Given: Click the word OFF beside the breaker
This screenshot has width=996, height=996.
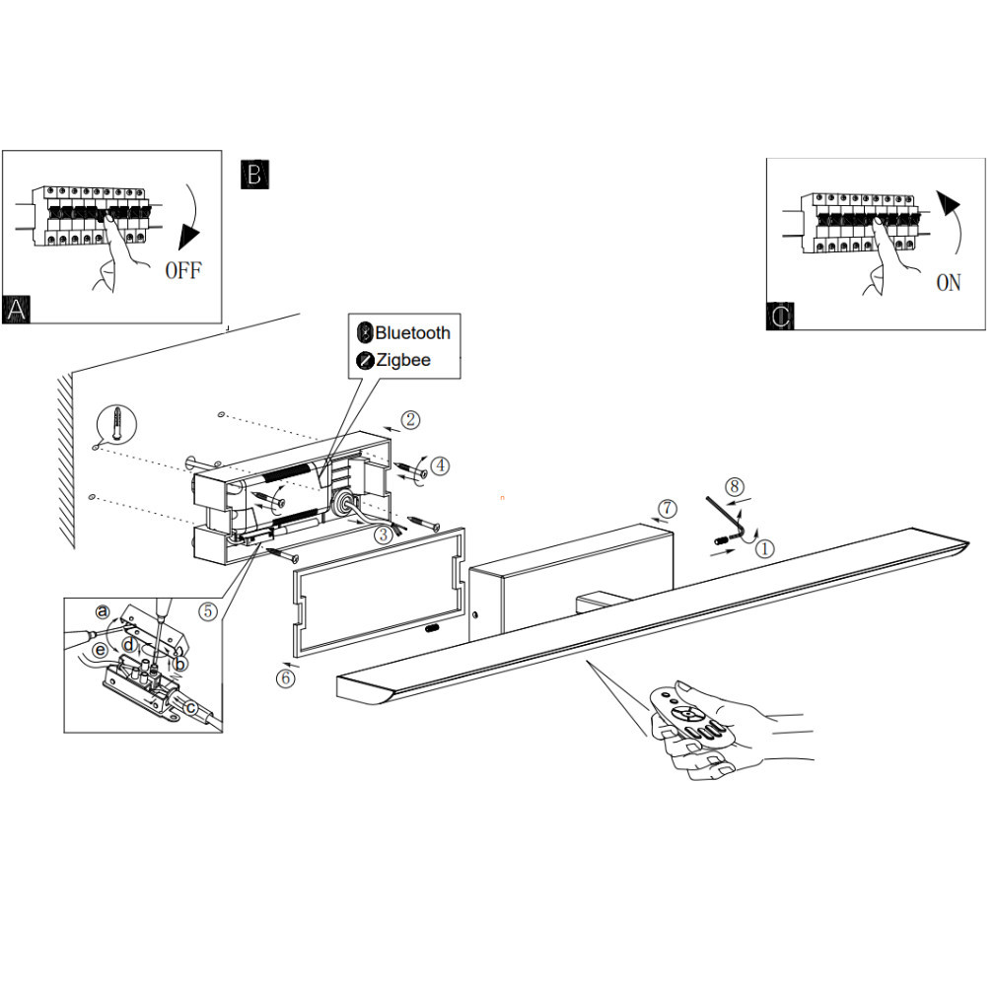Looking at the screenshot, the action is pyautogui.click(x=183, y=270).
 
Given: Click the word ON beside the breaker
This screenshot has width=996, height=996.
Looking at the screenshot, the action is pyautogui.click(x=949, y=283).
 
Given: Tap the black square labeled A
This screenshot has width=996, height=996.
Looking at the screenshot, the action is pyautogui.click(x=16, y=310).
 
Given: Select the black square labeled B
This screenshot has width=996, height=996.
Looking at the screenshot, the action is pyautogui.click(x=254, y=174).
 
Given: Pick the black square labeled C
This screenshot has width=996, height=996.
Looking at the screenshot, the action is pyautogui.click(x=780, y=316).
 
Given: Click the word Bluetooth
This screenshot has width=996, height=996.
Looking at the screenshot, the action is pyautogui.click(x=412, y=333).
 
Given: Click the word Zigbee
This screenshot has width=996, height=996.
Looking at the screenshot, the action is pyautogui.click(x=402, y=360).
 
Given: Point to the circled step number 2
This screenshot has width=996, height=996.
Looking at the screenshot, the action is pyautogui.click(x=410, y=420).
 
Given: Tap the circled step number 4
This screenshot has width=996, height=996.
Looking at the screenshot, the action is pyautogui.click(x=440, y=465).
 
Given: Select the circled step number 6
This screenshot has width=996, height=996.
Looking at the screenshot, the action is pyautogui.click(x=285, y=678).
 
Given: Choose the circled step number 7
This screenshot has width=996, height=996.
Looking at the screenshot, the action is pyautogui.click(x=667, y=509).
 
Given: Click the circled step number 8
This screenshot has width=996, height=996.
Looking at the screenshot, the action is pyautogui.click(x=735, y=486).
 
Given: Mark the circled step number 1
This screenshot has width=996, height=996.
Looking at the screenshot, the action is pyautogui.click(x=765, y=548).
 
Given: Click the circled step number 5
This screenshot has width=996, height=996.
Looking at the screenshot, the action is pyautogui.click(x=208, y=611).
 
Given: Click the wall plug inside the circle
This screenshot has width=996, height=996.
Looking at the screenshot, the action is pyautogui.click(x=117, y=422).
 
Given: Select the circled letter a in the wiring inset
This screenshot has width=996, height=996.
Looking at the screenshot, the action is pyautogui.click(x=103, y=611).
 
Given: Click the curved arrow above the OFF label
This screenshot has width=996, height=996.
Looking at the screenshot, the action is pyautogui.click(x=190, y=216).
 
